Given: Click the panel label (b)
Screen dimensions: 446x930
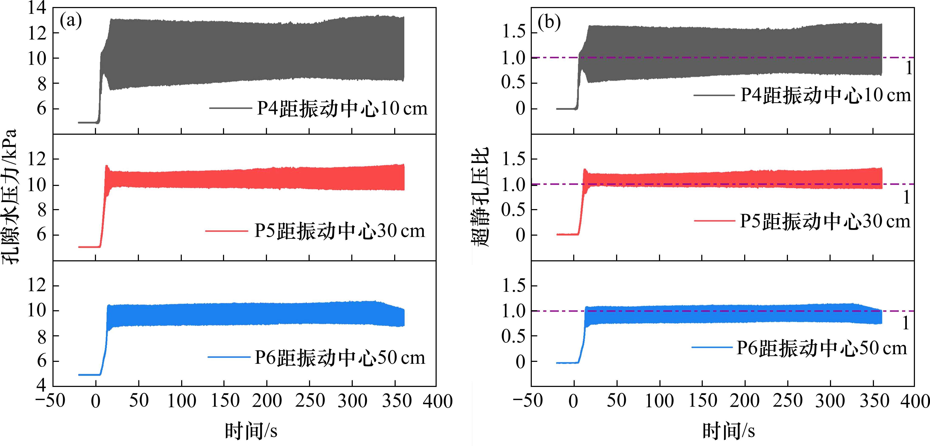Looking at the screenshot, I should (x=549, y=22).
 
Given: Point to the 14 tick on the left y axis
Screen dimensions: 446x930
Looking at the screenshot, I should (x=37, y=8).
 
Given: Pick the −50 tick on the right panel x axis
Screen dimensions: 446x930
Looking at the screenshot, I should (x=528, y=401).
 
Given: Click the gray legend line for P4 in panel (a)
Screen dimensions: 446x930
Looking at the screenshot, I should (x=230, y=108).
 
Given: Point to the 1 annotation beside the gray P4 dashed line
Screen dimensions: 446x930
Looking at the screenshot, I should (x=909, y=68).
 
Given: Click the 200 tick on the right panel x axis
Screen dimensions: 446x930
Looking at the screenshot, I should (x=744, y=401).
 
